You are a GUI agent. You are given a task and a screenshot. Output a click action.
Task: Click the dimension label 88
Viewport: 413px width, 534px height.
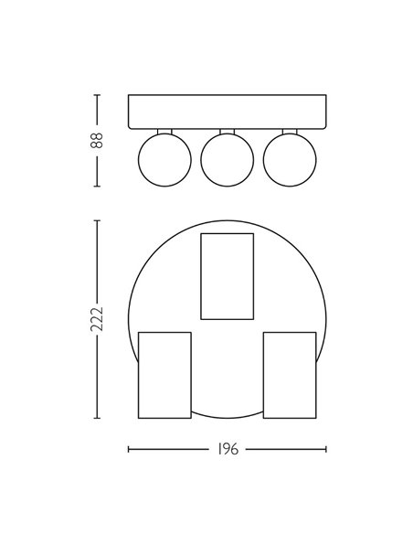(97, 139)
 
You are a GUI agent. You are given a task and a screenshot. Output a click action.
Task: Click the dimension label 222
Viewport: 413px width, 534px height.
(97, 320)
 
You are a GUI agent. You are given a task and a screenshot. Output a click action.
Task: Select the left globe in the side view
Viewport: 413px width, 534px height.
(164, 159)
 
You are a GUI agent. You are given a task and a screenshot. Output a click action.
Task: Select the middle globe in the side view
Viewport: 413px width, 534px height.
(226, 159)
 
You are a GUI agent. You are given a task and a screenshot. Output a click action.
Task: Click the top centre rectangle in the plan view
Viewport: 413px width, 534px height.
(226, 275)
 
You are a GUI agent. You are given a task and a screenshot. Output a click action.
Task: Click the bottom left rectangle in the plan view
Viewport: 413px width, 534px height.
(164, 374)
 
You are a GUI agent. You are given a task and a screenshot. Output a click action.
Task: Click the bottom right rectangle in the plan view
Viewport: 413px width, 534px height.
(289, 374)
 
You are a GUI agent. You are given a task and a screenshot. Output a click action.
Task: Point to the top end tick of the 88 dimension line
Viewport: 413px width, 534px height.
(97, 93)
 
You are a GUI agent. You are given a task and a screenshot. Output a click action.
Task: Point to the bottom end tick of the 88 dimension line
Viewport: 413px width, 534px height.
(97, 185)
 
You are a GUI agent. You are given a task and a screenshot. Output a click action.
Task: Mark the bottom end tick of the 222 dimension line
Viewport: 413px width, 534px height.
(97, 420)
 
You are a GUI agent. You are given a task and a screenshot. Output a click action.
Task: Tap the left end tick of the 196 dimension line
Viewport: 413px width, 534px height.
(128, 450)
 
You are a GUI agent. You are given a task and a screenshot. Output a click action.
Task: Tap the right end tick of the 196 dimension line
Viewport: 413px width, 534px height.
(326, 450)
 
